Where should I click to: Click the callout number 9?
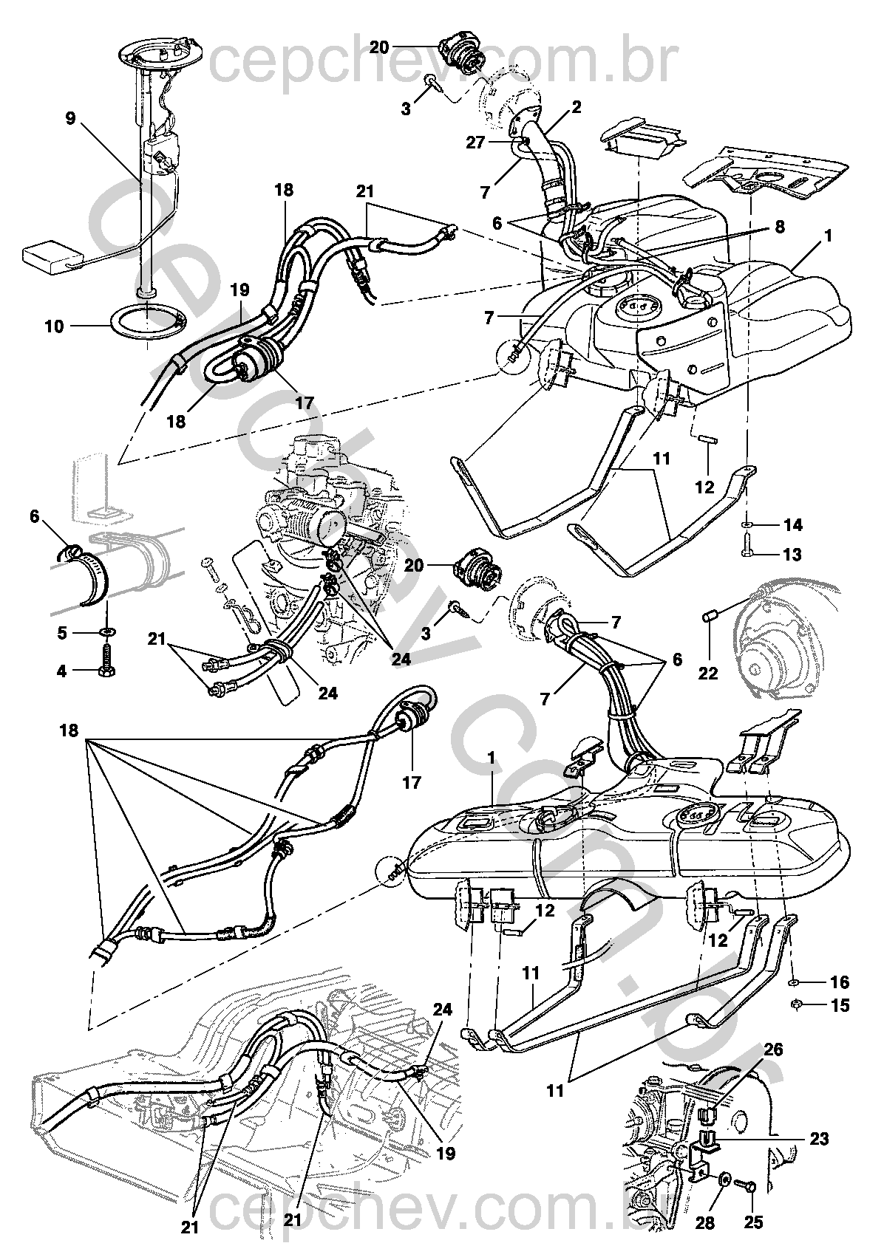click(70, 119)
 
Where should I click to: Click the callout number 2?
click(576, 107)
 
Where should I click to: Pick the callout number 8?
click(779, 227)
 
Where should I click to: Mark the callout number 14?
click(793, 525)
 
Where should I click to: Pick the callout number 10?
click(55, 325)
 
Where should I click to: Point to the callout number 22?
click(708, 674)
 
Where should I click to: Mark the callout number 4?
click(61, 671)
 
